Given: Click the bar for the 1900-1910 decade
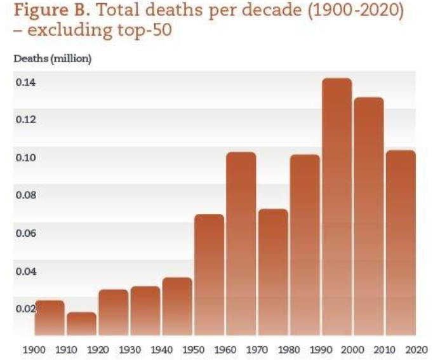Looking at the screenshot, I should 50,318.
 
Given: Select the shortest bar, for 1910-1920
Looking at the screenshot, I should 81,324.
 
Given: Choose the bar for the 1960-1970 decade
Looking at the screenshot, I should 241,244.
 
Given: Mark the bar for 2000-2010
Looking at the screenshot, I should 368,217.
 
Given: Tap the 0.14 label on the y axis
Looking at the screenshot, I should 25,82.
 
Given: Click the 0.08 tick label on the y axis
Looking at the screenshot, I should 25,195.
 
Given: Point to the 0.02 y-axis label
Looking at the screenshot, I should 25,309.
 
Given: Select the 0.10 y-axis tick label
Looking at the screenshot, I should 25,157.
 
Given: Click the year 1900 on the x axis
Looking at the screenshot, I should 33,349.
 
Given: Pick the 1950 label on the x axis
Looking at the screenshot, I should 192,349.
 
